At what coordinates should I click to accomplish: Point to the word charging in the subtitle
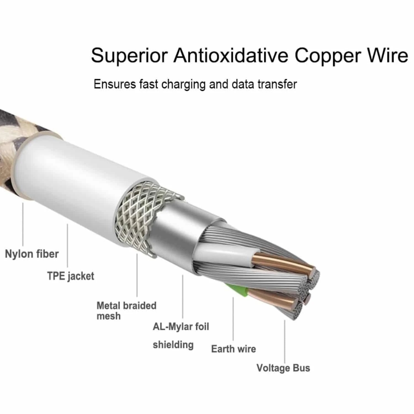[x=184, y=84]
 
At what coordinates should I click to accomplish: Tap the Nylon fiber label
[x=32, y=254]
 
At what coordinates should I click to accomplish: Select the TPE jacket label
[x=71, y=276]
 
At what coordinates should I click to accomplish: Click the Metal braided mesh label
[x=126, y=310]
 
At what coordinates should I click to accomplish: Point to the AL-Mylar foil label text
[x=181, y=327]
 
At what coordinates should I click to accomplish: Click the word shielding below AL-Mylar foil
[x=173, y=345]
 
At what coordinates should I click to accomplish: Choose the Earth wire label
[x=233, y=349]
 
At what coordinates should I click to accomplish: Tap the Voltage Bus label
[x=283, y=368]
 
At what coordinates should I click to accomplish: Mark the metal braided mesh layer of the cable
[x=135, y=215]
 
